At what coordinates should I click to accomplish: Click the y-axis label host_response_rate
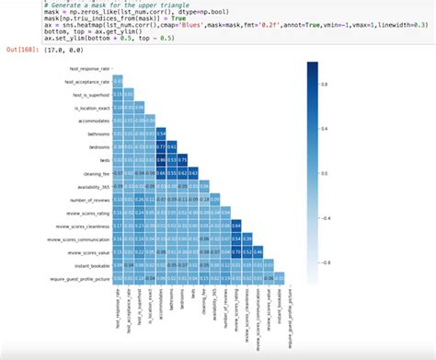[90, 69]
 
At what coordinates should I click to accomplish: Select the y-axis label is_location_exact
[92, 107]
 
